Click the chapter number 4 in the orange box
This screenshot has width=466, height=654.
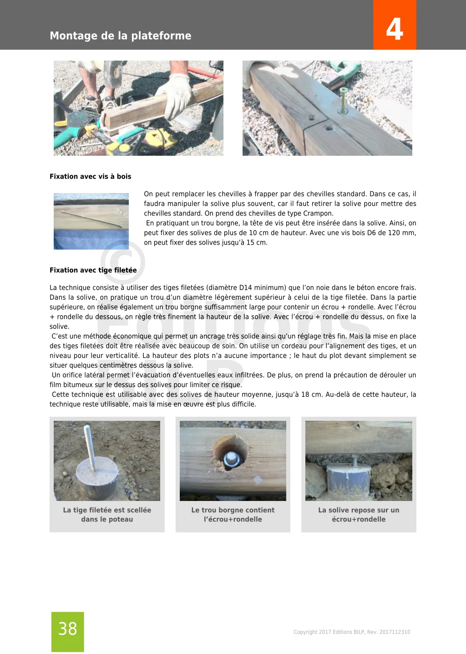395,29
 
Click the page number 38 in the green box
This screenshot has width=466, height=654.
68,629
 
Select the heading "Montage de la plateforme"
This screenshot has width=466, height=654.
121,36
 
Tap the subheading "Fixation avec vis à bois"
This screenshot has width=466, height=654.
90,177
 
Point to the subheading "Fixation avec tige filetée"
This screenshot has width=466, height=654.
93,271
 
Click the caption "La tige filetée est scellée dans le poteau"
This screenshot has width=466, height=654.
107,515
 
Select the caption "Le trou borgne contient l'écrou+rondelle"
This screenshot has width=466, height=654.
233,515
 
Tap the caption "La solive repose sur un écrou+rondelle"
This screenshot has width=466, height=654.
359,515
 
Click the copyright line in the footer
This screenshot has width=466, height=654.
352,632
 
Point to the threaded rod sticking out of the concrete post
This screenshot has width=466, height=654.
91,446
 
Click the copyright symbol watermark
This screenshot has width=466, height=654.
122,262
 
